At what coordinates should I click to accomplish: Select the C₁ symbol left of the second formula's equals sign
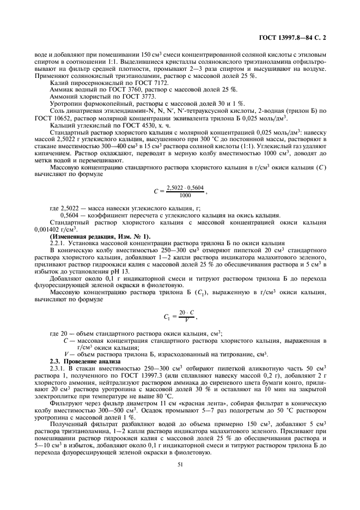[x=167, y=316]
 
